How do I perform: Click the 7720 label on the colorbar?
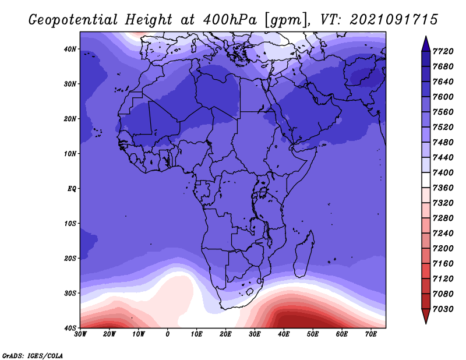pos(443,51)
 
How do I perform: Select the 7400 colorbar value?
pos(443,172)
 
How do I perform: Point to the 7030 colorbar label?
pos(443,309)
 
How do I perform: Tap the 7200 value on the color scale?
pos(443,249)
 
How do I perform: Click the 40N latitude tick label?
pos(70,49)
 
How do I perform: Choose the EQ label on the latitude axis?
pos(72,189)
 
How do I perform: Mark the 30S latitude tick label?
pos(70,294)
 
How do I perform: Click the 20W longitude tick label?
pos(110,334)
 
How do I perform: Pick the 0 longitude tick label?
pos(168,334)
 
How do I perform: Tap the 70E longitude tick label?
pos(371,334)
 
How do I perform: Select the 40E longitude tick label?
pos(284,334)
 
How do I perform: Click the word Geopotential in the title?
pos(73,20)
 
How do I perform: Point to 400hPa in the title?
pos(230,20)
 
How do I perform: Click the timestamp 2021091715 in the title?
pos(394,20)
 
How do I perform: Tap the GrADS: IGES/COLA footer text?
pos(33,356)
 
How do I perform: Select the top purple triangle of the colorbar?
pos(426,44)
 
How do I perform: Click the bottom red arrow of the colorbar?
pos(426,316)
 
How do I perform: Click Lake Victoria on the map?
pos(263,192)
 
